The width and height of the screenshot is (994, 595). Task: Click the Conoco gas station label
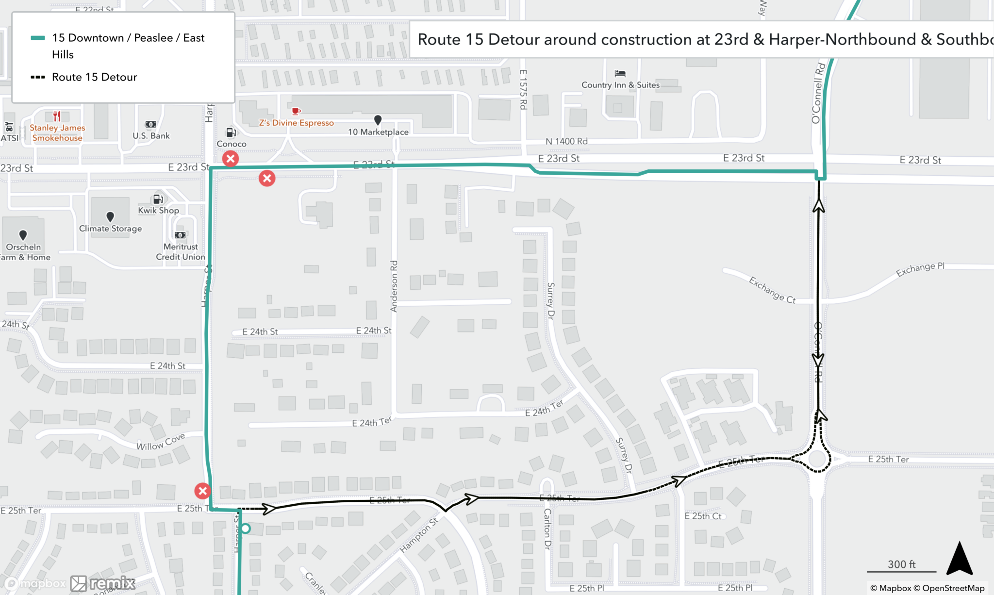click(x=232, y=144)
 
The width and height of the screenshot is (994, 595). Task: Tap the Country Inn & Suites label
click(x=620, y=85)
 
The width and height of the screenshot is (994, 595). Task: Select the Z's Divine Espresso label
click(x=296, y=123)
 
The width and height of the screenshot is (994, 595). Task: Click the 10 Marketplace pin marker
click(x=378, y=119)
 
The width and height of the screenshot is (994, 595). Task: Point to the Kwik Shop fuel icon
click(x=158, y=199)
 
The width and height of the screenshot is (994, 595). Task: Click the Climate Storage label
click(x=111, y=229)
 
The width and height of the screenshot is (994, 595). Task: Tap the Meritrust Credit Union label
click(x=181, y=252)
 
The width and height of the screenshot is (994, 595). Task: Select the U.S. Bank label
click(x=151, y=136)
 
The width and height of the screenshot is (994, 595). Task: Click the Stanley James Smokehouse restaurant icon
click(x=57, y=116)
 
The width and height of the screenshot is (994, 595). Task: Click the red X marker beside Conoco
click(x=231, y=158)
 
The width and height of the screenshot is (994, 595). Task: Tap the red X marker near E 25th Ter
click(x=202, y=491)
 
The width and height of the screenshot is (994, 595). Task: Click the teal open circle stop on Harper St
click(x=246, y=529)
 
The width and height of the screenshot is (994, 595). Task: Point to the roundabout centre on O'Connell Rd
click(x=818, y=459)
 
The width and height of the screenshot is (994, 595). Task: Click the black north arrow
click(x=960, y=559)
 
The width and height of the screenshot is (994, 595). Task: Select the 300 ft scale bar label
click(x=901, y=564)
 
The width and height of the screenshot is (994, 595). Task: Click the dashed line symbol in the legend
click(x=38, y=77)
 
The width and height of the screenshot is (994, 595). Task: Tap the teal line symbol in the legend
click(x=38, y=38)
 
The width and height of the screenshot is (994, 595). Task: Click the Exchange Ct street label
click(x=772, y=290)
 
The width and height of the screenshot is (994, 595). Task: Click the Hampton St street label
click(x=419, y=535)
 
